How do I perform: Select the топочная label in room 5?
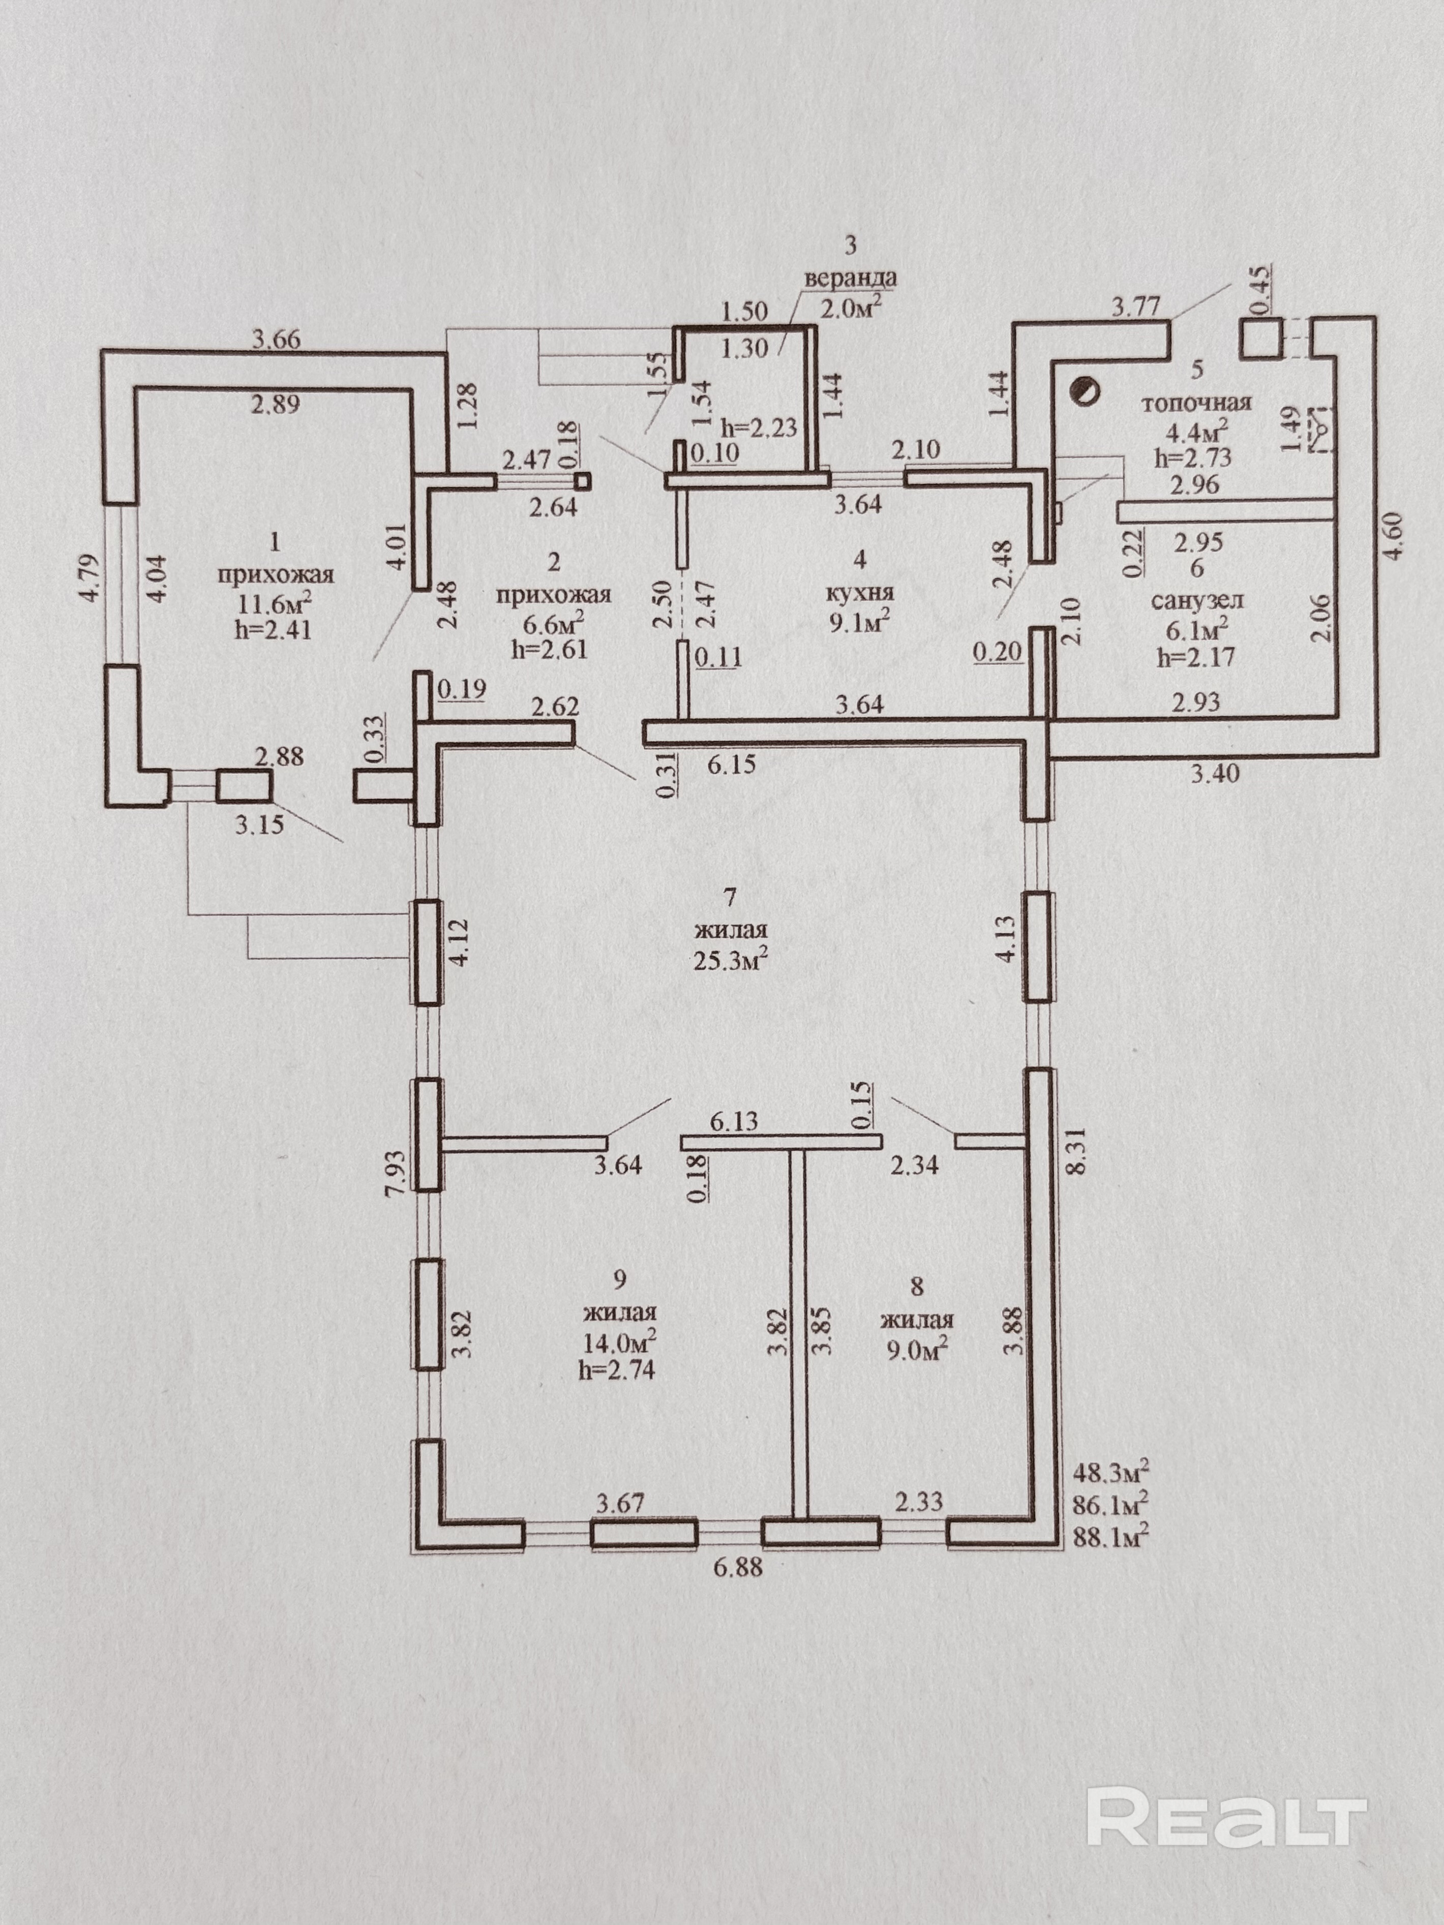click(x=1196, y=403)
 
